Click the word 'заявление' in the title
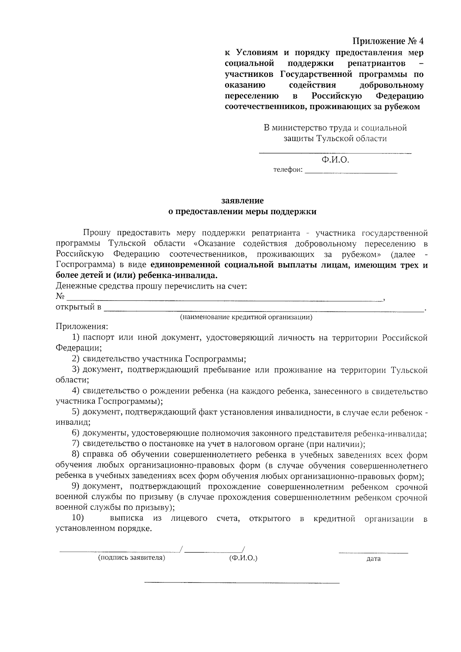click(242, 201)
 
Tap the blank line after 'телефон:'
click(351, 174)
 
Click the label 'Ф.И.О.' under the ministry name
click(335, 159)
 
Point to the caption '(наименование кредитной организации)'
click(246, 317)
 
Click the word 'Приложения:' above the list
click(82, 327)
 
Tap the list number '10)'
click(78, 518)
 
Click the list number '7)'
click(75, 444)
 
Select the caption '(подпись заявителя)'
click(132, 557)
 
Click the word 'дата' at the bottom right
click(373, 559)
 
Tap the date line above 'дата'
click(373, 553)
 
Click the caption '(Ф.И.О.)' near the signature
click(243, 557)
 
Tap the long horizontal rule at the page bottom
click(242, 583)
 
